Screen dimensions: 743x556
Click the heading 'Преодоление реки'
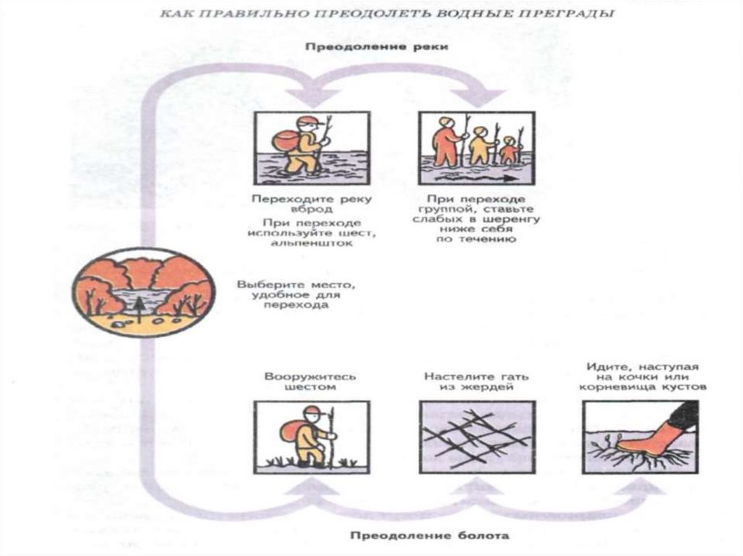376,47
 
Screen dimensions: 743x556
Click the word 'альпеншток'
311,244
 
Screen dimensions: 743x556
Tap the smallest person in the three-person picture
510,150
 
